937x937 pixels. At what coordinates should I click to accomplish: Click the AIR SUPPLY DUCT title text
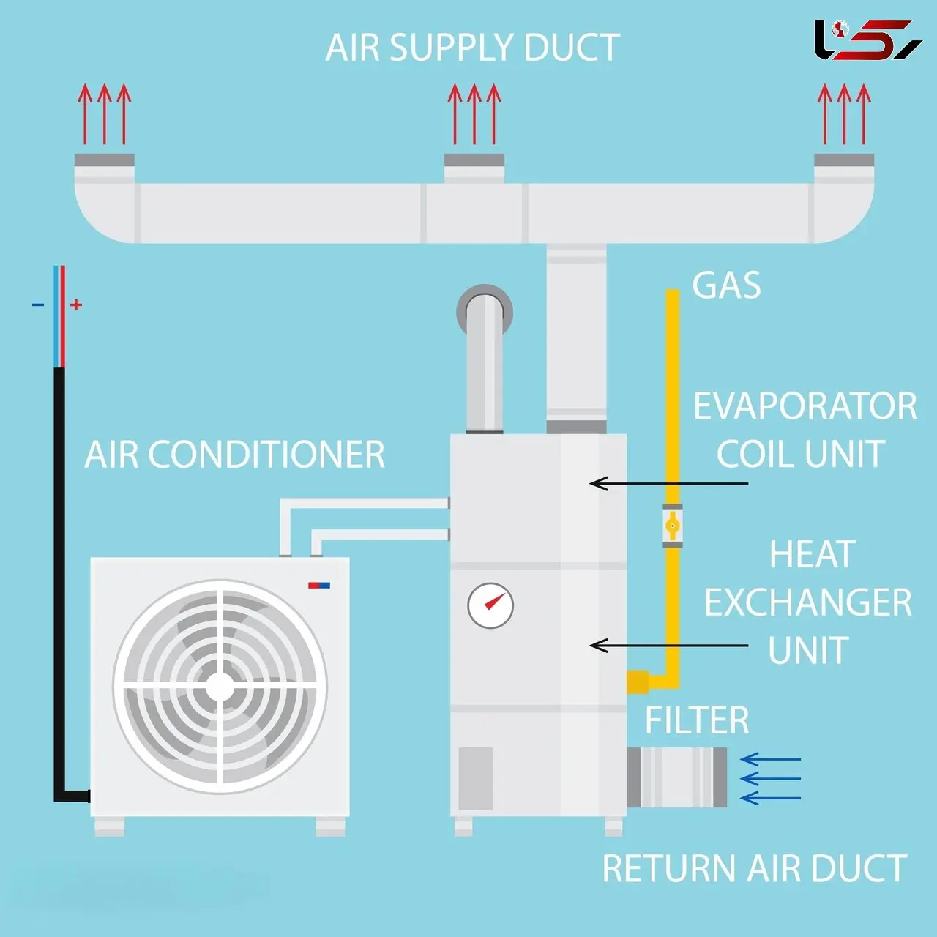coord(472,48)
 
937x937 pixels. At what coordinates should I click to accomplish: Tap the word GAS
coord(726,285)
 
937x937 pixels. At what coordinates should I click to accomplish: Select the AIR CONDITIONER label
coord(234,455)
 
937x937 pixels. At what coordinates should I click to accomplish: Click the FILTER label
coord(697,720)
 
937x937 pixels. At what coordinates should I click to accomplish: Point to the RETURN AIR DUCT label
coord(755,867)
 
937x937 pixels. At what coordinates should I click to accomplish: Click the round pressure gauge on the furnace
coord(490,606)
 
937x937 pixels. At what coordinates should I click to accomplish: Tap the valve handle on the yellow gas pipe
coord(672,526)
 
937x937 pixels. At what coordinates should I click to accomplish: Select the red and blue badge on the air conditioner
coord(319,585)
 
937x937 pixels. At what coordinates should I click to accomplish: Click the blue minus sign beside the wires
coord(38,305)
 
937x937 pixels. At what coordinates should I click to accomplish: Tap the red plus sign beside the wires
coord(76,305)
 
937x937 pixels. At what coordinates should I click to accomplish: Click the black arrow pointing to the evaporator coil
coord(668,483)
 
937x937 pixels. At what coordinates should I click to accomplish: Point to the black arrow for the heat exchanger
coord(668,645)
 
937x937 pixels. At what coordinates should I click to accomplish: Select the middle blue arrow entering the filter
coord(770,778)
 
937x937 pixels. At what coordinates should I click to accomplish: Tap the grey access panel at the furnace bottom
coord(476,778)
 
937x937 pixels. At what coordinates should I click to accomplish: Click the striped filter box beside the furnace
coord(677,777)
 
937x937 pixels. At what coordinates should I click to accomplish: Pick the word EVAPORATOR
coord(805,406)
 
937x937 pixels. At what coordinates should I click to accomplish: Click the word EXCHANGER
coord(807,602)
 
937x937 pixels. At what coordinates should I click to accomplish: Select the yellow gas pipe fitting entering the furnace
coord(638,682)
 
